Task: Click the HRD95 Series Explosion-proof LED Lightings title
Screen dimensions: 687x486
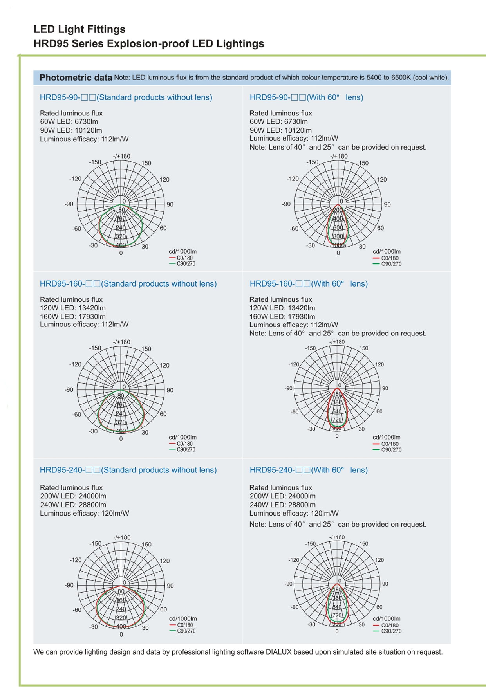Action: [x=149, y=43]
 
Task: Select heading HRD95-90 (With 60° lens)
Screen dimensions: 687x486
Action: [x=306, y=97]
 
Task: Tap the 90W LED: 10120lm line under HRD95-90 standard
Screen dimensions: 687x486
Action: [x=71, y=130]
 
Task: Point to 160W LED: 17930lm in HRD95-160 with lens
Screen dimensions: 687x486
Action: [x=282, y=316]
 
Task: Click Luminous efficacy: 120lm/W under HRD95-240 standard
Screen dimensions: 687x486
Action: [x=84, y=513]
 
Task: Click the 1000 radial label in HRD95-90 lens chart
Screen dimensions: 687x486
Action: [x=338, y=245]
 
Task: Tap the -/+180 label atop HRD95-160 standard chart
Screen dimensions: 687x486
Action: [x=121, y=342]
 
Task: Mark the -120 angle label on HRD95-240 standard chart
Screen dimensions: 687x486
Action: [x=76, y=560]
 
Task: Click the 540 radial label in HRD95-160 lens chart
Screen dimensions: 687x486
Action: [x=337, y=411]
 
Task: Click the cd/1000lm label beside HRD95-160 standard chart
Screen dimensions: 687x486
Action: [x=182, y=437]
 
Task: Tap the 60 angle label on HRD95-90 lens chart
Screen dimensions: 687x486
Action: [x=380, y=228]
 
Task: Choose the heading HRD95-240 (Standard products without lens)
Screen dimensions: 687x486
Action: [x=128, y=470]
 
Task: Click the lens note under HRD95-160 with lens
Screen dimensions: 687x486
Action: [x=338, y=333]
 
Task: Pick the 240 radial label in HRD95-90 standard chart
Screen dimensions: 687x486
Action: [x=121, y=228]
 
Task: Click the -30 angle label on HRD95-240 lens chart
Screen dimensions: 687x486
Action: [x=311, y=624]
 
